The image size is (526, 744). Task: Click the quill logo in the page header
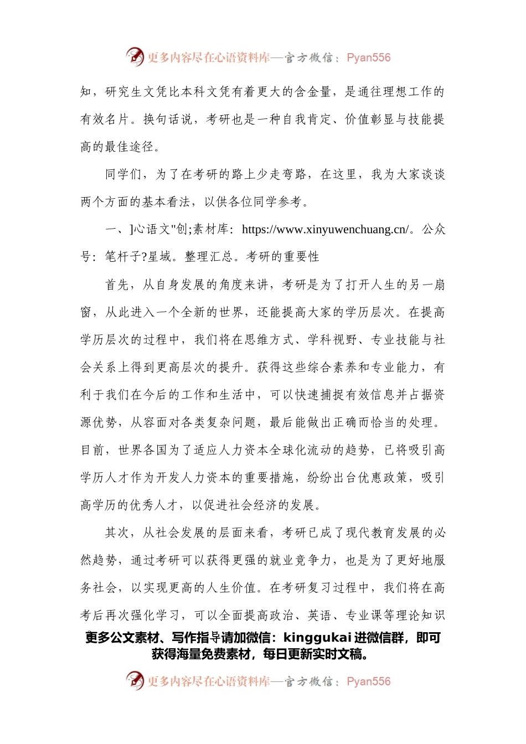(135, 57)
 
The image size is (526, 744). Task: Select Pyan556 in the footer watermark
(369, 681)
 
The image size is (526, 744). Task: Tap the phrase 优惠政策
(383, 478)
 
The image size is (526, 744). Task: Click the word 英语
(319, 616)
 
